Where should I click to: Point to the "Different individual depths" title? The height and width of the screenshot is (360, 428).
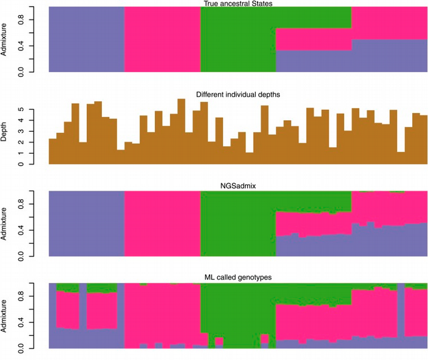pos(239,94)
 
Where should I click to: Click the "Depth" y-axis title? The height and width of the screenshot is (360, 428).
pos(5,132)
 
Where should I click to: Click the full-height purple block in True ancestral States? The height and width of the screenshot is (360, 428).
pos(86,39)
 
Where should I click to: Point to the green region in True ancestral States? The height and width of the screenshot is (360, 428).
pos(237,39)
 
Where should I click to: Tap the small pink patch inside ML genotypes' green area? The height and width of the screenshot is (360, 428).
pos(265,338)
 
